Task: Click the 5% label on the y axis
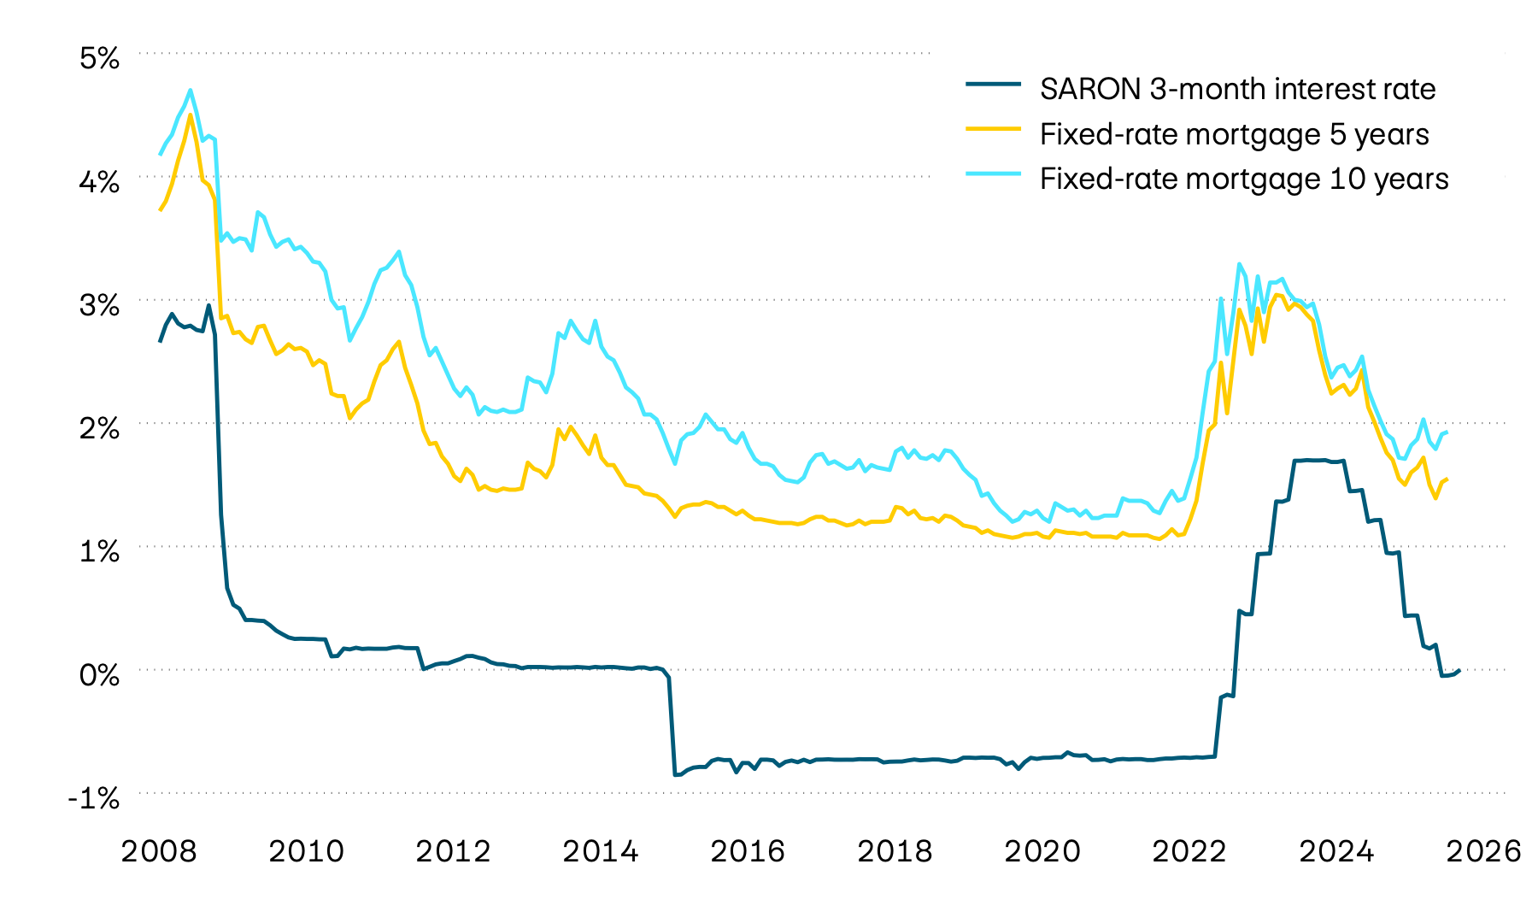coord(99,58)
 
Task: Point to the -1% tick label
coord(94,798)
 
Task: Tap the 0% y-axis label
coord(99,675)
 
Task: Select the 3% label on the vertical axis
coord(99,305)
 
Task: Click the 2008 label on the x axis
coord(160,851)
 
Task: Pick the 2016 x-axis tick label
coord(748,851)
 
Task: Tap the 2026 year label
coord(1483,851)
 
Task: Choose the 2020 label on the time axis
coord(1042,851)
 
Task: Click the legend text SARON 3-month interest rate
coord(1237,89)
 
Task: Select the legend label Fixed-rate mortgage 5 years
coord(1234,134)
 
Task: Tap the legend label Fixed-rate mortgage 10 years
coord(1244,179)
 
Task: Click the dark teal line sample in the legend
coord(993,84)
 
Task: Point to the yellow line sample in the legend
coord(993,128)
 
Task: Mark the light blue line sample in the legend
coord(993,173)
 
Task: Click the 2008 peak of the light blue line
coord(190,90)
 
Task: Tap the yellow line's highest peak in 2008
coord(190,115)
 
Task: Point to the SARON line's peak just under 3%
coord(208,305)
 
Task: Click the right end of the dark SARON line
coord(1459,671)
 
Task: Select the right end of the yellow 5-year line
coord(1447,479)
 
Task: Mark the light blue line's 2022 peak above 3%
coord(1239,264)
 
